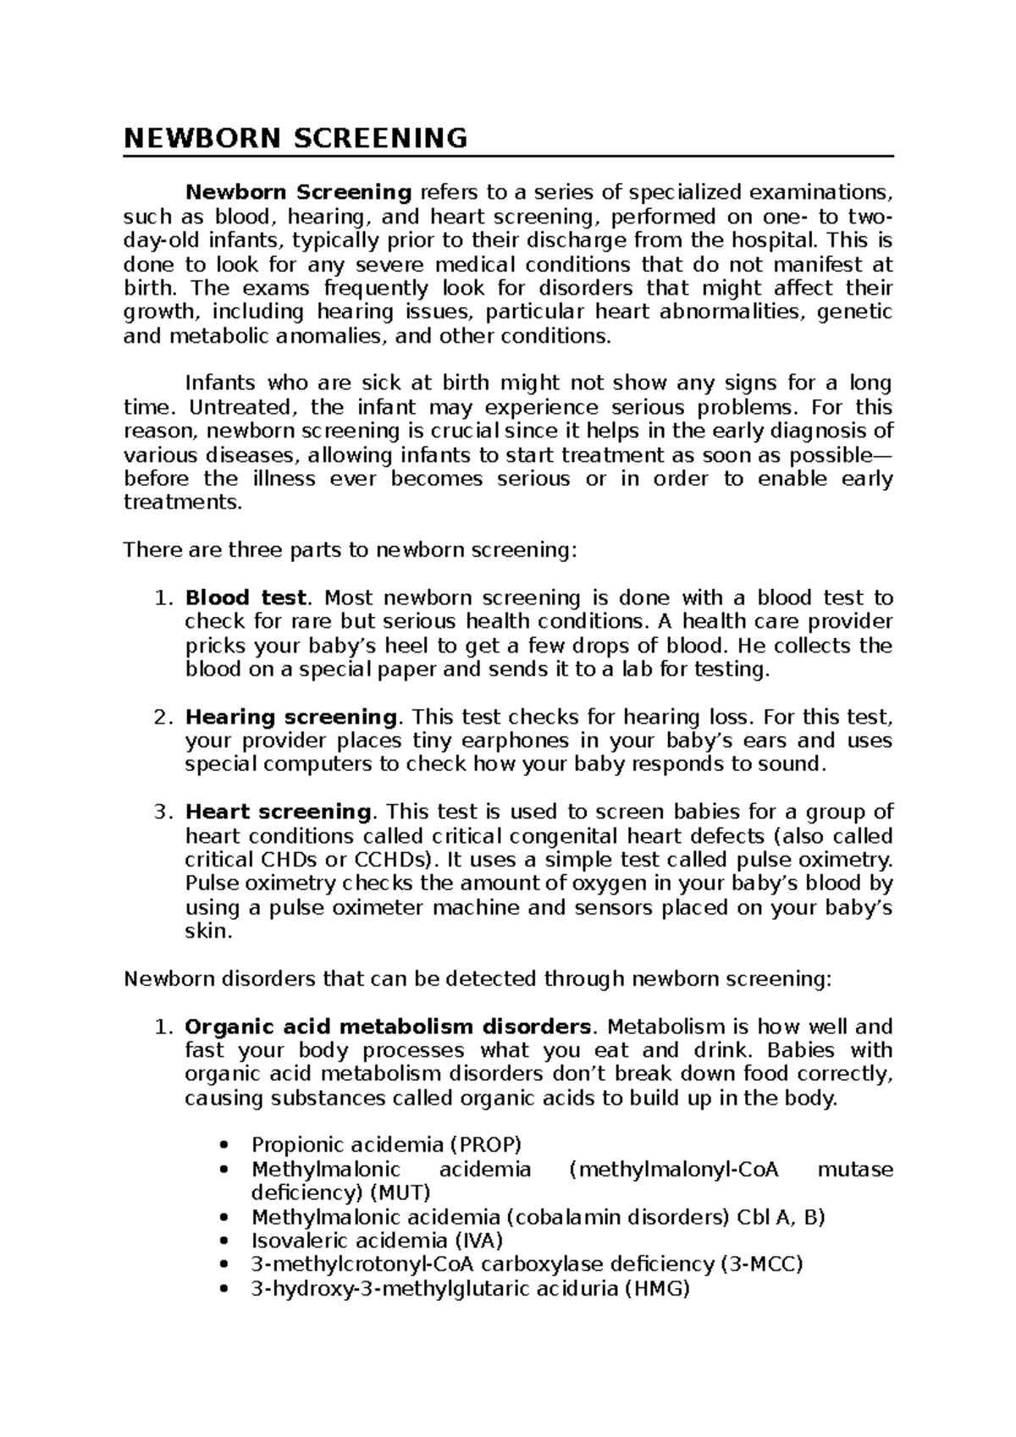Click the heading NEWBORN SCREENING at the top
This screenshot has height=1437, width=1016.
pyautogui.click(x=295, y=138)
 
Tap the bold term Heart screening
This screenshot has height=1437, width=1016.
pyautogui.click(x=278, y=812)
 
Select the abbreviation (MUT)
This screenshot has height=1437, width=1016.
pyautogui.click(x=399, y=1193)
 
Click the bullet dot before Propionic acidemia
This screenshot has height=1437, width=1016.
pyautogui.click(x=224, y=1147)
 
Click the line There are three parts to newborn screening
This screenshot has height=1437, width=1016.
pyautogui.click(x=350, y=551)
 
